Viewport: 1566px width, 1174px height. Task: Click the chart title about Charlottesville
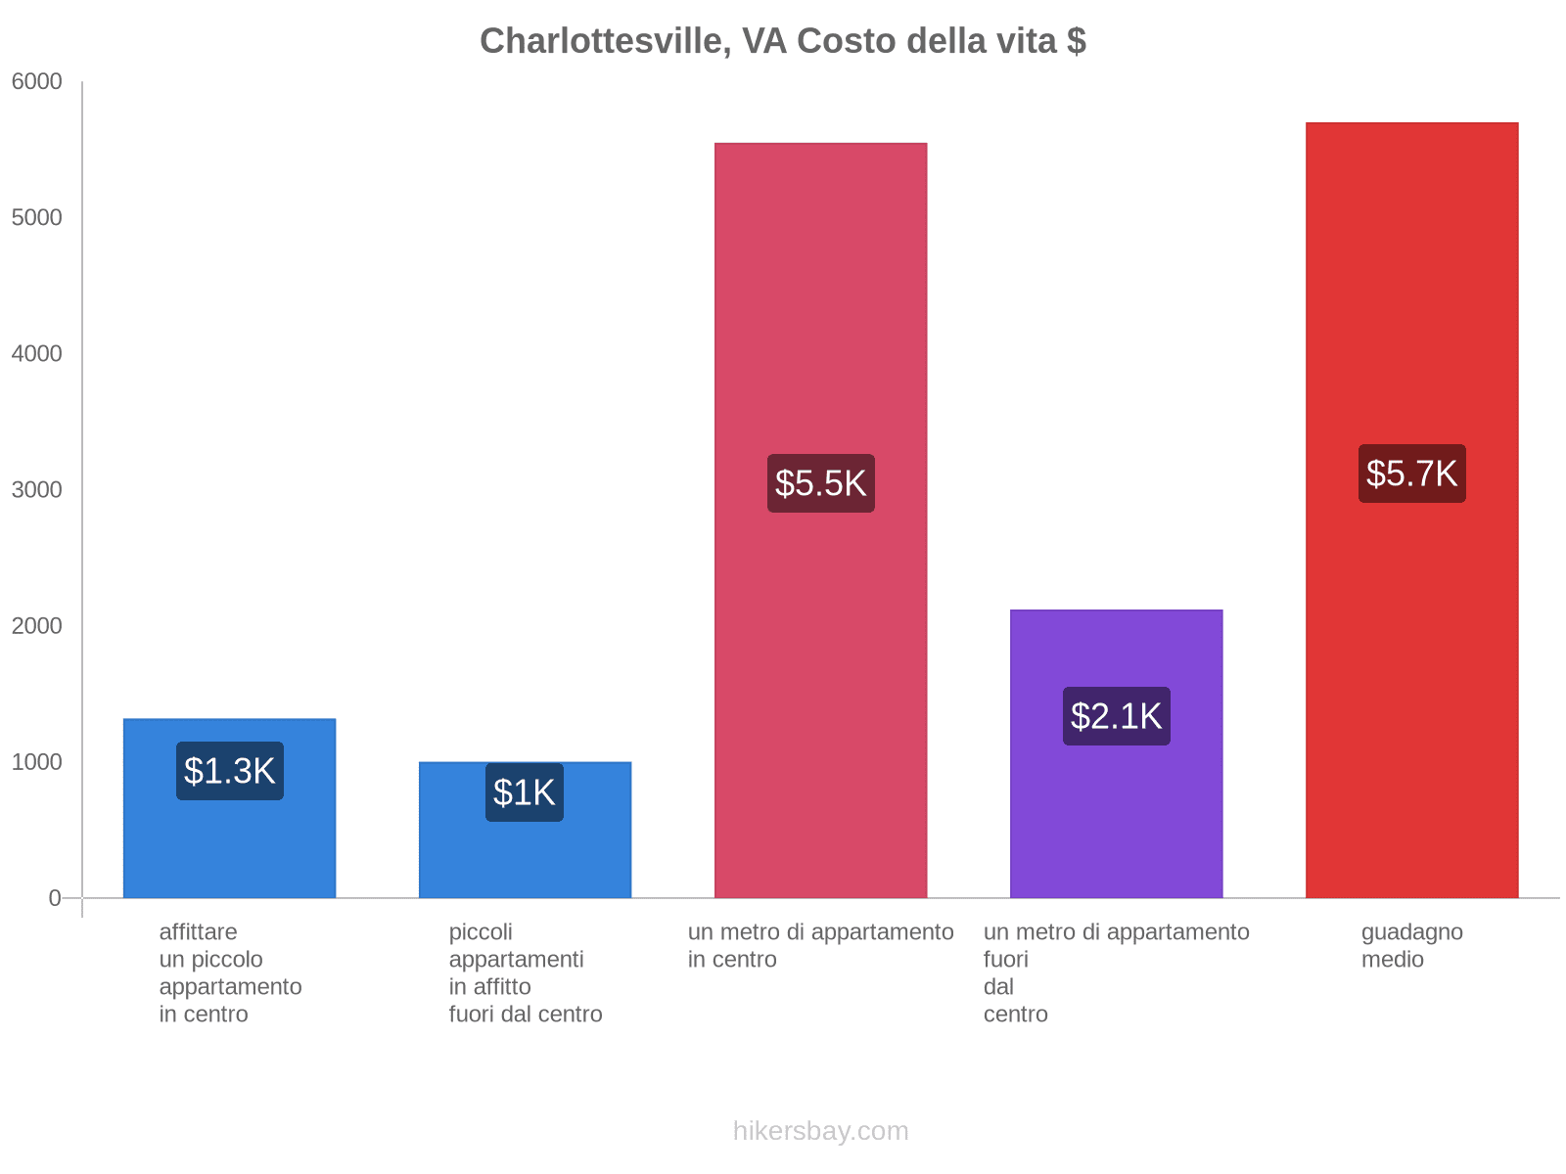782,41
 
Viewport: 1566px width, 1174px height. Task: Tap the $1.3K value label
230,771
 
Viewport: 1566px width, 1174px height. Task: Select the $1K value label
525,792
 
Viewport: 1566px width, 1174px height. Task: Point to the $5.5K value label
820,483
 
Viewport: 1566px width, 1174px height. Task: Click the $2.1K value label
1116,716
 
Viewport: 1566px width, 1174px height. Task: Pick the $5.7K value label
1411,474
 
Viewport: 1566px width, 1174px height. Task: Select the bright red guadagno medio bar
1411,685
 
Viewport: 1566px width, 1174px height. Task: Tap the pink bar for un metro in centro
820,685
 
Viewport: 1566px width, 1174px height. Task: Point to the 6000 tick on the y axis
37,82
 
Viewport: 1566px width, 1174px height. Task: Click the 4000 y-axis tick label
37,354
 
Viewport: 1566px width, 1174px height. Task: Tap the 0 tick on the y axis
55,898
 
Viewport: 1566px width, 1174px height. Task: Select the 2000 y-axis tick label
37,626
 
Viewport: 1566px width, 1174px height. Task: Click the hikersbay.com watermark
820,1131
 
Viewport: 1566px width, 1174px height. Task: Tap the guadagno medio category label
1411,945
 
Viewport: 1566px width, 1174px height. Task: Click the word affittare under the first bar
198,931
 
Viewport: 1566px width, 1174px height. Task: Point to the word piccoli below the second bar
481,931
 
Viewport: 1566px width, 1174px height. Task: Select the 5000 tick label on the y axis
37,218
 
